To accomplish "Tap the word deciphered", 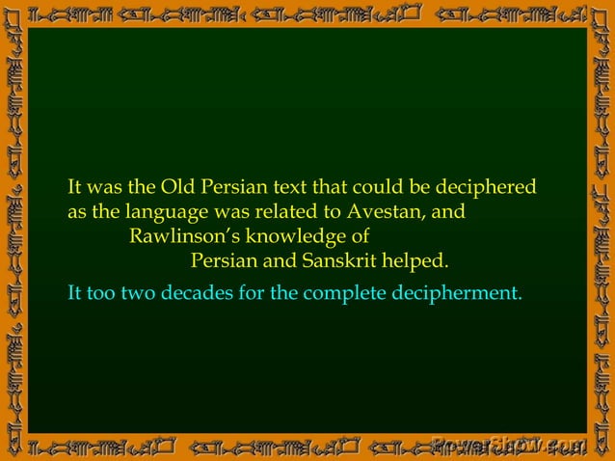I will click(x=486, y=186).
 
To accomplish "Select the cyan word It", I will click(x=75, y=292).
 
